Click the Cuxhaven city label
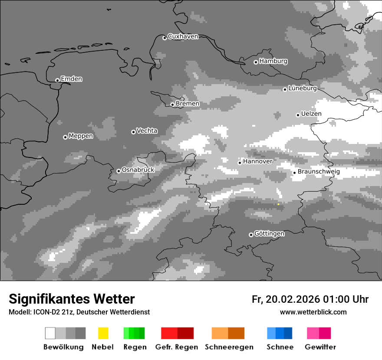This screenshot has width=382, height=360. (x=183, y=36)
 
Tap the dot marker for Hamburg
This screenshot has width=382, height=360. (x=256, y=62)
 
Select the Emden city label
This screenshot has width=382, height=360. (x=71, y=79)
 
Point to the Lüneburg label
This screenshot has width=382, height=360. (x=303, y=88)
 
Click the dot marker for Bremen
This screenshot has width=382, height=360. (x=172, y=105)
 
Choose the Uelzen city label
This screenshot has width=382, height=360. (x=311, y=114)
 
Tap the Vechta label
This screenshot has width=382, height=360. (x=147, y=131)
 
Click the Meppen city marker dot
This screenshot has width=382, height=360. (x=65, y=137)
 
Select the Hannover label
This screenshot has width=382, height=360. (x=258, y=161)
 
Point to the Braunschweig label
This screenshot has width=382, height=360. (x=319, y=171)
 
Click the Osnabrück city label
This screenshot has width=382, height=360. (x=138, y=170)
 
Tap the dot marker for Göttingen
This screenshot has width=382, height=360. (x=251, y=235)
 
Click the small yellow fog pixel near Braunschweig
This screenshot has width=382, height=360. (x=278, y=204)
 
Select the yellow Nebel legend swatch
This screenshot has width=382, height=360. (x=103, y=333)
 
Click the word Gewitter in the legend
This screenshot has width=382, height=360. (x=320, y=347)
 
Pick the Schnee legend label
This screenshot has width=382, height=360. (x=280, y=347)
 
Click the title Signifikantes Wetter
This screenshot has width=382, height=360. (x=72, y=299)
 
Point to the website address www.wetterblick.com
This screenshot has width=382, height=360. (x=313, y=312)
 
